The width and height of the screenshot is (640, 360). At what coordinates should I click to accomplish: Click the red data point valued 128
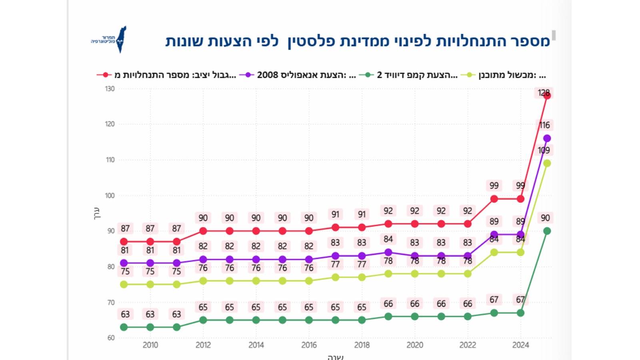tap(547, 96)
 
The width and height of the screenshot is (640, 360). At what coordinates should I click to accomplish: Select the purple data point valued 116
tap(547, 138)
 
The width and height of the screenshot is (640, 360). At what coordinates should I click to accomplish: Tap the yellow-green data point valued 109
tap(547, 163)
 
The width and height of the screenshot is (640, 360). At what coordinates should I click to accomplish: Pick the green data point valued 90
tap(547, 231)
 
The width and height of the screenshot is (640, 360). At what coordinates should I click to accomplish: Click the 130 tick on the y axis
tap(110, 89)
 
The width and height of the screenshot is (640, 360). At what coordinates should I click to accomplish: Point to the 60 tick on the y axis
tap(111, 338)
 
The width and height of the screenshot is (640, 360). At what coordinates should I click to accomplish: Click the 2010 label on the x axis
tap(150, 345)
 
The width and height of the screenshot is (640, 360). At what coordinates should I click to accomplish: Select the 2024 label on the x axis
tap(520, 345)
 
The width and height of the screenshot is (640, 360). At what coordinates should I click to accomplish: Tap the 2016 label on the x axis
tap(309, 345)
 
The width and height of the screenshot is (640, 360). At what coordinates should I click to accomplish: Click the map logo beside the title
tap(121, 39)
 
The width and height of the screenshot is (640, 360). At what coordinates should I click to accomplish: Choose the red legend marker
tap(105, 75)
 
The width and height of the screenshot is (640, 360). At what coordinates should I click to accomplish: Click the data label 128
tap(544, 93)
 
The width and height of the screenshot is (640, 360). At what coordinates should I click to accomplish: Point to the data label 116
tap(544, 125)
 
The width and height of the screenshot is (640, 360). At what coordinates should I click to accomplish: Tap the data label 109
tap(544, 150)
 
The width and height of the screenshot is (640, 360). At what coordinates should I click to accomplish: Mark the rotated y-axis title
tap(96, 213)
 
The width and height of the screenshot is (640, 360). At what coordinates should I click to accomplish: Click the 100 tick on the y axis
tap(110, 196)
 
